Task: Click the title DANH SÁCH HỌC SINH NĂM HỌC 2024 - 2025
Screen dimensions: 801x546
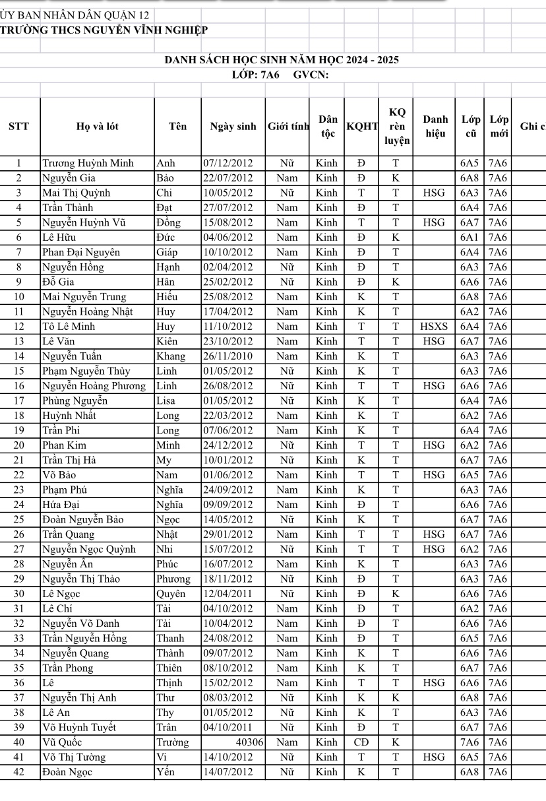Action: tap(281, 60)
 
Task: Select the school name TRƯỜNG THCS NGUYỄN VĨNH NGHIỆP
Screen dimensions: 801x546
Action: tap(104, 30)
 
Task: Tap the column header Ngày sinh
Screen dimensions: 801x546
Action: tap(232, 126)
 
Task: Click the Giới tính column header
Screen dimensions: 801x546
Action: tap(288, 126)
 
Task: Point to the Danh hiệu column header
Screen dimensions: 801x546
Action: tap(435, 125)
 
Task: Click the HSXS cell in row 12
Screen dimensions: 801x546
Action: tap(433, 327)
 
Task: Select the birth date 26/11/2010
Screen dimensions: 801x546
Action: tap(228, 356)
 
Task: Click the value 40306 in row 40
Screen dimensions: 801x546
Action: tap(250, 742)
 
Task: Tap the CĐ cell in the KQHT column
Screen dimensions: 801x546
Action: tap(361, 742)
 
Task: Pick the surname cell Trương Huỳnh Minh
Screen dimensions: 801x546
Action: tap(88, 163)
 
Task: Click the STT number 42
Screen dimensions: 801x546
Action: tap(18, 772)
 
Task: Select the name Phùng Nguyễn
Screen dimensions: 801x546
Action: tap(75, 400)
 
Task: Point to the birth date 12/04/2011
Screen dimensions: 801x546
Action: tap(228, 594)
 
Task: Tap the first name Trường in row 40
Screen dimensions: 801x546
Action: tap(172, 742)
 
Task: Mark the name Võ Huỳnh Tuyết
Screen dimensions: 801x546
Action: tap(79, 727)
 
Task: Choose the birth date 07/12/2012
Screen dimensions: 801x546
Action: tap(228, 163)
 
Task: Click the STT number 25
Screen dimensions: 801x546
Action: tap(18, 519)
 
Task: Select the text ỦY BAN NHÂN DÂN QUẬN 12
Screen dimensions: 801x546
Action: tap(75, 15)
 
